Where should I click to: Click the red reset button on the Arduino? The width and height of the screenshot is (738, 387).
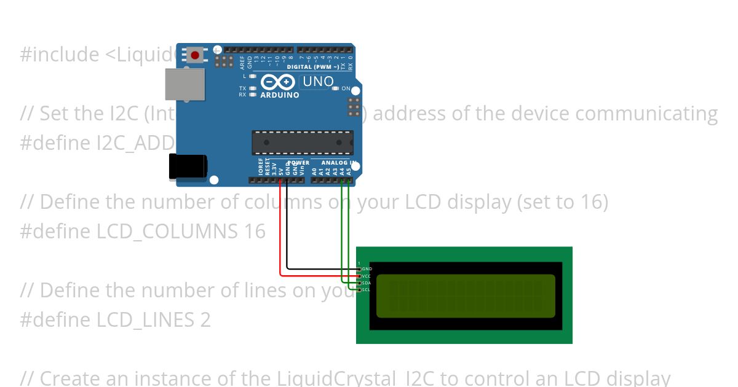click(x=195, y=55)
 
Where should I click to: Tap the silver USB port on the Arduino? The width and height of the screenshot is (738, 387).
click(x=184, y=84)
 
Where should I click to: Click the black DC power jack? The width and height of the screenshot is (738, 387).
click(x=188, y=167)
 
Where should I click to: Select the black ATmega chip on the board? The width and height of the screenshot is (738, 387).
click(x=302, y=143)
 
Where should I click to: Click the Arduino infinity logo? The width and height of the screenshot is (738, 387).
click(x=278, y=82)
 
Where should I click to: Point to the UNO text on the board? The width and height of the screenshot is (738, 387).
click(x=318, y=82)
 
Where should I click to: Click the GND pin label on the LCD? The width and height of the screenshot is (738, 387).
click(x=367, y=269)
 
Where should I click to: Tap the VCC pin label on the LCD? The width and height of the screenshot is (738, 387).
click(x=367, y=276)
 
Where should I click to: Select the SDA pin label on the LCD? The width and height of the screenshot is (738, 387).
click(x=367, y=283)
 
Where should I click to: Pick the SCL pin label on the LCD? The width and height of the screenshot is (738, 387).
click(x=367, y=290)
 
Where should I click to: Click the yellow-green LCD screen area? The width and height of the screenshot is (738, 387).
click(x=465, y=295)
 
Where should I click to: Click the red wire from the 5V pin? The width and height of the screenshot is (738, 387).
click(x=281, y=233)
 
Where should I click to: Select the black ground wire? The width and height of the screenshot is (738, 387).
click(x=287, y=233)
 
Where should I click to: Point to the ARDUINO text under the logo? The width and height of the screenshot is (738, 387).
click(x=280, y=95)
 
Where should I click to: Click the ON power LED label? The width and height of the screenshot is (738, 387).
click(x=346, y=88)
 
